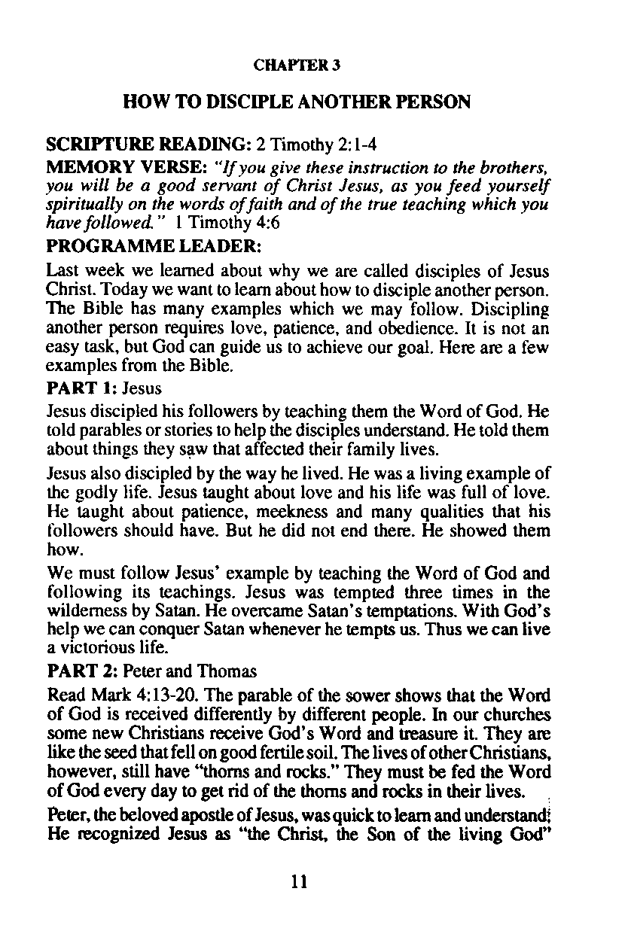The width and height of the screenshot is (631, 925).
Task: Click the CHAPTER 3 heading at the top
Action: (297, 65)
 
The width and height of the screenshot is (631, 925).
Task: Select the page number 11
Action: (299, 881)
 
